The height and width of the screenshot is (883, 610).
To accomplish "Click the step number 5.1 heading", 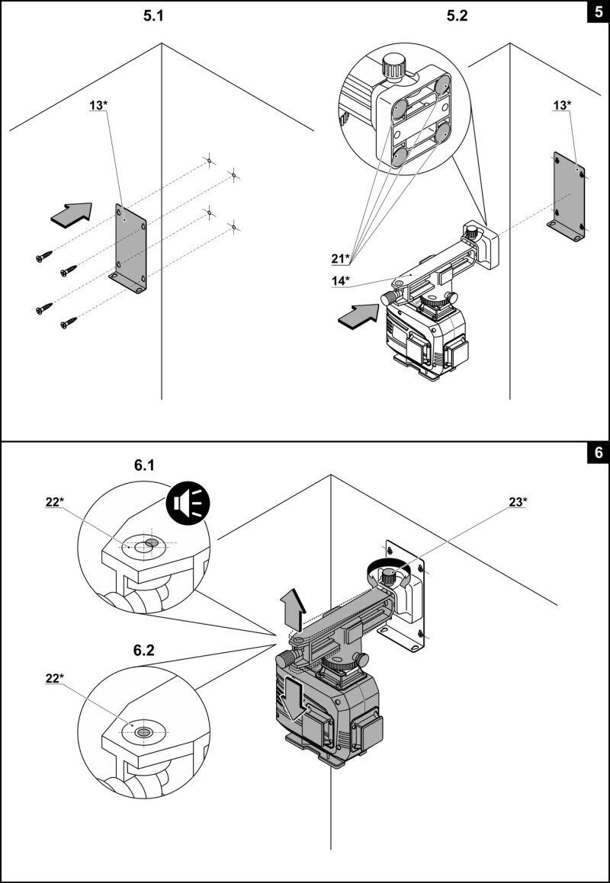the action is click(152, 16).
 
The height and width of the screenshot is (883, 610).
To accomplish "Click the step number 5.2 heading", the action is click(457, 16).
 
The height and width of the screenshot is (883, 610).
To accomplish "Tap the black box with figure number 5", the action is click(599, 12).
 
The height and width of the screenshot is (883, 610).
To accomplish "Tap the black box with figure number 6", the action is click(599, 453).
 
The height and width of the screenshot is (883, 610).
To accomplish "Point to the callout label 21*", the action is click(341, 258).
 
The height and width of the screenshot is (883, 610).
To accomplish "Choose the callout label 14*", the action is click(341, 279).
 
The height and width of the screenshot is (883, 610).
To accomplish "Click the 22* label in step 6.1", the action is click(55, 503).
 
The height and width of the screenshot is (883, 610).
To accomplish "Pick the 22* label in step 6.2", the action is click(55, 679).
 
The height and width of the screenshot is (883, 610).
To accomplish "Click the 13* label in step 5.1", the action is click(98, 104).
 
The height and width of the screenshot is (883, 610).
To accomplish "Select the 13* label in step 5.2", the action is click(562, 104).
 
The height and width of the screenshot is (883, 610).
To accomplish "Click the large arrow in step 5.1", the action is click(72, 215).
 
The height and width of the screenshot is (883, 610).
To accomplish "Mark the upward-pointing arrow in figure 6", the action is click(294, 609).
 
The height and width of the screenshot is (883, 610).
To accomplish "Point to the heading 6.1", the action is click(144, 465).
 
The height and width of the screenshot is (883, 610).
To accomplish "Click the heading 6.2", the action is click(144, 651).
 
